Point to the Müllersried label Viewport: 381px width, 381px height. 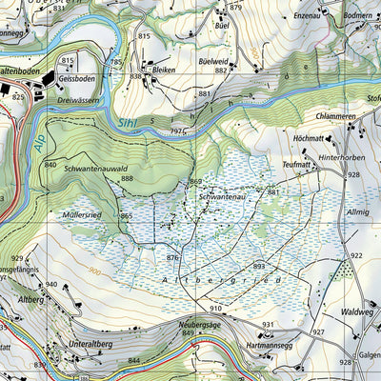tap(82, 215)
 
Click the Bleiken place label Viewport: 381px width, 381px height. tap(166, 70)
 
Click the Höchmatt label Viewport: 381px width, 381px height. tap(311, 138)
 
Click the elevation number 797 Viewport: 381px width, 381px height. tap(176, 130)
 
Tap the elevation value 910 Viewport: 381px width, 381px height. tap(216, 310)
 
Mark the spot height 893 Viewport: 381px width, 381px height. tap(258, 266)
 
